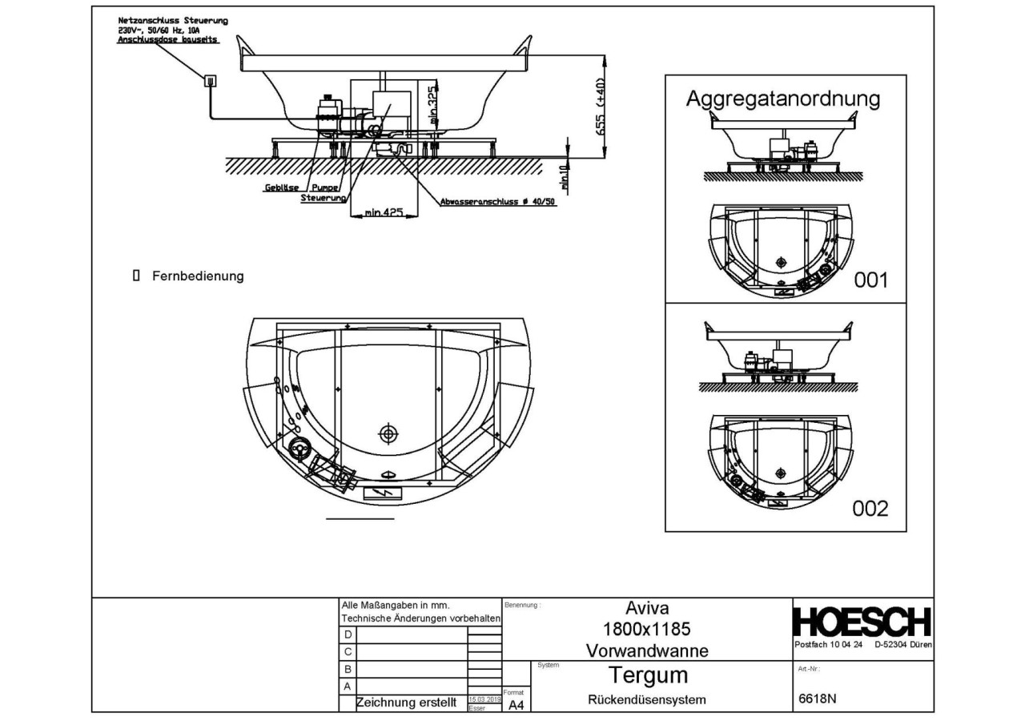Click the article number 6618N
(818, 698)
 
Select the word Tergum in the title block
(648, 675)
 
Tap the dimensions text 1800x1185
(647, 629)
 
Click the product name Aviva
(646, 608)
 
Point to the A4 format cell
(517, 705)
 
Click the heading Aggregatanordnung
(782, 99)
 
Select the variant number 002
(870, 508)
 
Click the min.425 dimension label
(384, 213)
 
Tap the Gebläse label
(281, 189)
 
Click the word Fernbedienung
(198, 276)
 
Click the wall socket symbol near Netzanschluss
(210, 79)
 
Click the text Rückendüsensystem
(647, 699)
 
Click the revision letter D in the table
(348, 634)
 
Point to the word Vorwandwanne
(647, 650)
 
